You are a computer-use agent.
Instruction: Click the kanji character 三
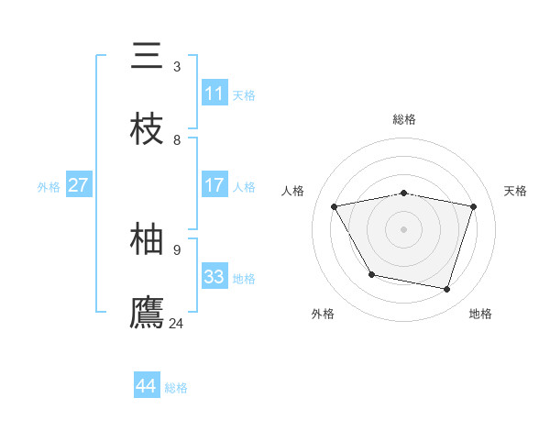click(147, 56)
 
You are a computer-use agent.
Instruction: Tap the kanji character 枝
click(147, 129)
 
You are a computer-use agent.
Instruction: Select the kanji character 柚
click(147, 238)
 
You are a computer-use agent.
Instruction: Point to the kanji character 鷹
click(147, 312)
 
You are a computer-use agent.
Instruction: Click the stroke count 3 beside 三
click(177, 66)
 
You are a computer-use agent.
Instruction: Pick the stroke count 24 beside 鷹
click(177, 323)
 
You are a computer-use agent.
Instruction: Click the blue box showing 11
click(214, 94)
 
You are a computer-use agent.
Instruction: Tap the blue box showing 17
click(214, 185)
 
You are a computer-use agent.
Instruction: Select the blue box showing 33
click(214, 277)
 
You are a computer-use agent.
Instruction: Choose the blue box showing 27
click(78, 185)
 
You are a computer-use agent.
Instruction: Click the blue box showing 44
click(146, 386)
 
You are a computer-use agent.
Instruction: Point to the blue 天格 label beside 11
click(244, 94)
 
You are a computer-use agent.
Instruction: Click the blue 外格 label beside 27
click(49, 186)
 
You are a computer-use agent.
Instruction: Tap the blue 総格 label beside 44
click(176, 388)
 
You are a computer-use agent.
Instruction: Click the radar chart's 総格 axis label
click(403, 119)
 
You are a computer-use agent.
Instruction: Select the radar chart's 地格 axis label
click(480, 314)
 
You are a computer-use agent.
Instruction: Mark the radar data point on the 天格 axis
click(473, 206)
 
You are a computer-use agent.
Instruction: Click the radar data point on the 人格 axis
click(335, 206)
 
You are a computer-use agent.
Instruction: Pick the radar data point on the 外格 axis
click(371, 274)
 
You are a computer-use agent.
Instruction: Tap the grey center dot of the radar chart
click(403, 228)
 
